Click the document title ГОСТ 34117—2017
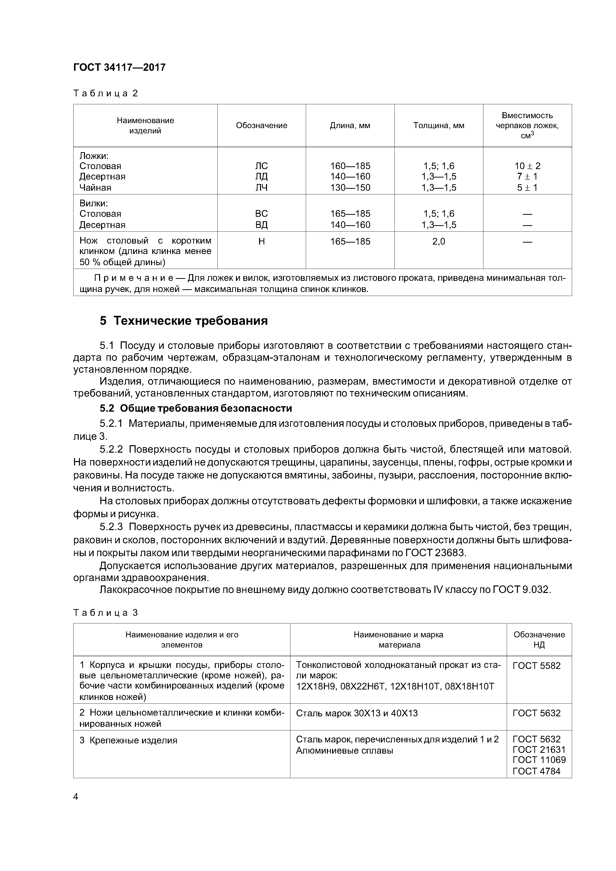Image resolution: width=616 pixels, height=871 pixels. tap(119, 68)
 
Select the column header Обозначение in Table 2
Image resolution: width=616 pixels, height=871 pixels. tap(262, 126)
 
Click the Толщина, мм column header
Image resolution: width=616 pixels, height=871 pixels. tap(438, 126)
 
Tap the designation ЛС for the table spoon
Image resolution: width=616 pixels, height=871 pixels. tap(262, 166)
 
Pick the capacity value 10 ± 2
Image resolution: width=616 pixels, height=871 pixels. tap(527, 166)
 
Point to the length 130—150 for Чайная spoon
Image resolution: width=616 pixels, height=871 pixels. tap(350, 188)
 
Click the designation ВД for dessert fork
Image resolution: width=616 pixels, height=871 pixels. tap(262, 225)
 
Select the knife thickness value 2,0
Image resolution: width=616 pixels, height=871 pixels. tap(438, 242)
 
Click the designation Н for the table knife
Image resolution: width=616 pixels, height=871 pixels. tap(262, 242)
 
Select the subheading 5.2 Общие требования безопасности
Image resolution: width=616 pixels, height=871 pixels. tap(196, 409)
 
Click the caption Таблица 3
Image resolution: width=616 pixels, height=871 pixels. tap(106, 613)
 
